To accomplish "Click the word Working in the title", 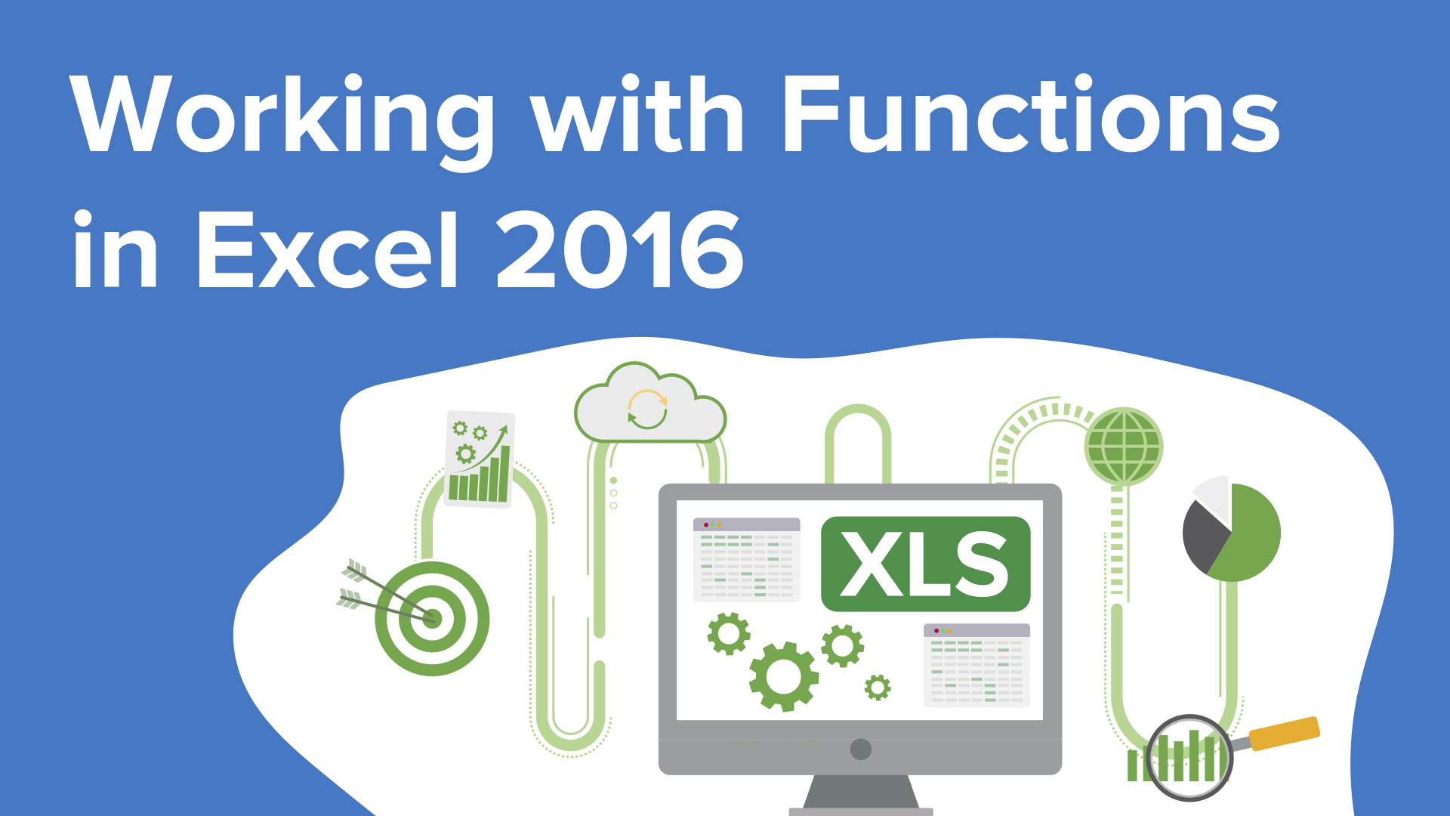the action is tap(282, 121).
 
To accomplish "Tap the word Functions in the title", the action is tap(1032, 114).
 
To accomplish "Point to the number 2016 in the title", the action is tap(620, 249).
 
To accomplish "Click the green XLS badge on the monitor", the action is tap(925, 564).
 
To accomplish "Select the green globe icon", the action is tap(1124, 447).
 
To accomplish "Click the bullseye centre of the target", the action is tap(433, 619).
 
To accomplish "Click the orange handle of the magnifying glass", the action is tap(1284, 734).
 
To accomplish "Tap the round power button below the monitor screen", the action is tap(861, 750).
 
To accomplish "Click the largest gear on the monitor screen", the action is tap(784, 677).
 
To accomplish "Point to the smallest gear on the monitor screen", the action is tap(878, 688).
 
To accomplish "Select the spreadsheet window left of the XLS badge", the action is tap(746, 560).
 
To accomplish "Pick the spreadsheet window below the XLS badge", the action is tap(977, 666).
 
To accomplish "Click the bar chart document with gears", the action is tap(480, 459).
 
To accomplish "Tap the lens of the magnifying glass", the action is tap(1189, 758).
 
